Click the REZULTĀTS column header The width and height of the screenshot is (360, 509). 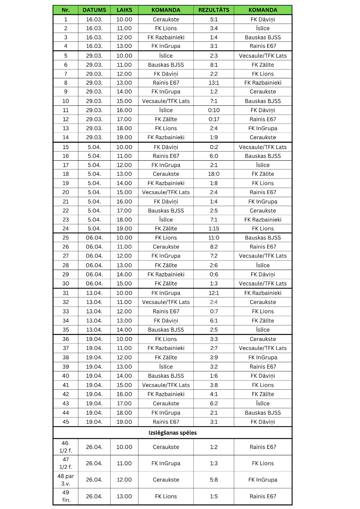[214, 10]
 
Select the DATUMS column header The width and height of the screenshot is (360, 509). [94, 10]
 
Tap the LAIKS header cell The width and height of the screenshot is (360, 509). [124, 10]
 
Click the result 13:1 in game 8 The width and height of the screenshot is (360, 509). [214, 83]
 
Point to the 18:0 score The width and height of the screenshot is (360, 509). [214, 174]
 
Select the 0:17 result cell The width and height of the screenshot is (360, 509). [214, 119]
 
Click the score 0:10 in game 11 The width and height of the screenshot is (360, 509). [214, 110]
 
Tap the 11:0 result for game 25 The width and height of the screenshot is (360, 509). [214, 238]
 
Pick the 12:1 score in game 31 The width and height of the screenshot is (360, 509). [214, 293]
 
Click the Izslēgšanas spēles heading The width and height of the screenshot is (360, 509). [173, 433]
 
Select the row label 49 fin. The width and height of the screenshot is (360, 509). [66, 496]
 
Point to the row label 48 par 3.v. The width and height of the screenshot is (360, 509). [66, 480]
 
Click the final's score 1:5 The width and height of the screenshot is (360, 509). [214, 496]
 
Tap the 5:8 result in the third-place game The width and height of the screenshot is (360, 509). [214, 480]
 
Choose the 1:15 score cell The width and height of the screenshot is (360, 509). [214, 229]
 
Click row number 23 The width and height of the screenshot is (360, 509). [66, 220]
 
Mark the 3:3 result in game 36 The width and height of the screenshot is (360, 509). [214, 339]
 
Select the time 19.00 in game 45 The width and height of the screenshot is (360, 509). [124, 422]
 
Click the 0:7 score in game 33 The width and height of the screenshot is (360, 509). [214, 311]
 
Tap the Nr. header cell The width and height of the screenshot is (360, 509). [66, 10]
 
